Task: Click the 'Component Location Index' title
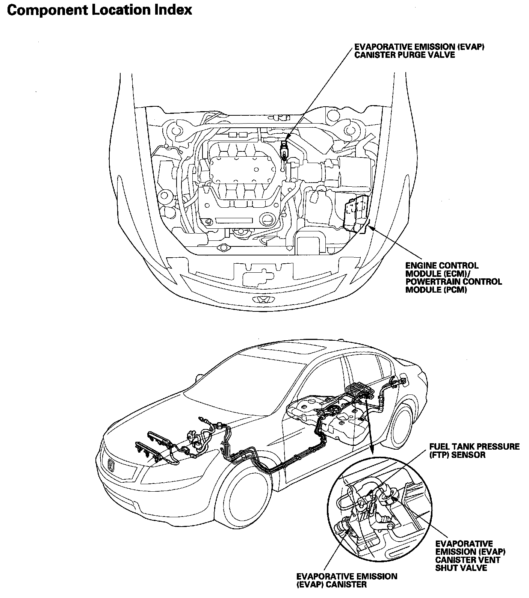(x=100, y=10)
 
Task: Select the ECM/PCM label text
(x=453, y=278)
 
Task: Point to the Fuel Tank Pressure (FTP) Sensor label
(x=475, y=450)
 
